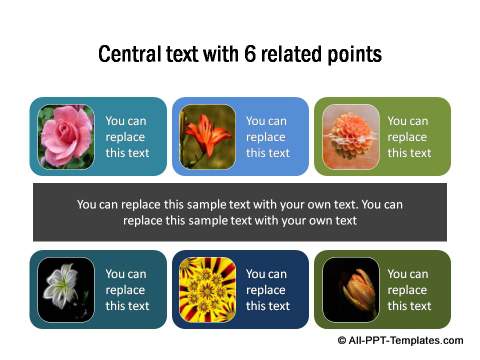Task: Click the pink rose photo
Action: pyautogui.click(x=66, y=136)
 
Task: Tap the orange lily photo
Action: pyautogui.click(x=208, y=136)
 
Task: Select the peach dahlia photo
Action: pyautogui.click(x=350, y=136)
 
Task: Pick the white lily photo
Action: pyautogui.click(x=66, y=289)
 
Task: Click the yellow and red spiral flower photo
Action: pyautogui.click(x=208, y=289)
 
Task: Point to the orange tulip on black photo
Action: pyautogui.click(x=350, y=289)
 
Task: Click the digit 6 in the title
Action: pyautogui.click(x=249, y=54)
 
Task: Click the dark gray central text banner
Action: pyautogui.click(x=239, y=212)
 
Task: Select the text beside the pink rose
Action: pyautogui.click(x=126, y=137)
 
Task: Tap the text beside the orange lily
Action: pyautogui.click(x=267, y=137)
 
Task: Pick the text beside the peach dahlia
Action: pyautogui.click(x=409, y=137)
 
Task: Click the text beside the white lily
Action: pyautogui.click(x=126, y=290)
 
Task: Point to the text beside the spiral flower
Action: pyautogui.click(x=267, y=290)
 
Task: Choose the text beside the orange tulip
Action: pyautogui.click(x=409, y=290)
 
